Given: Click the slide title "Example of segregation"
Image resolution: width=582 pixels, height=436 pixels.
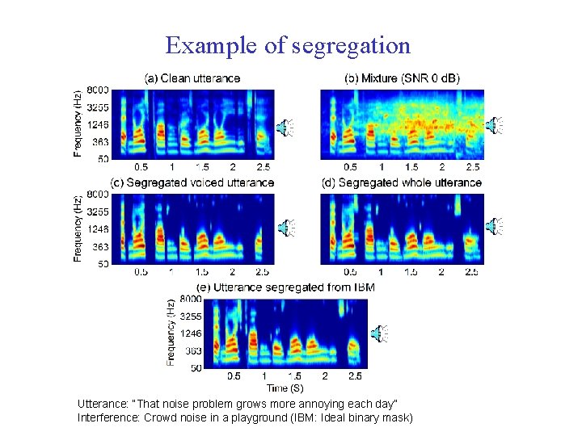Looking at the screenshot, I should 288,45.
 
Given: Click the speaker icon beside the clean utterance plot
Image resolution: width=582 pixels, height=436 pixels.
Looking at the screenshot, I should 285,126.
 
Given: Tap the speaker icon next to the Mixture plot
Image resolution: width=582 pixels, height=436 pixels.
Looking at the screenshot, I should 494,124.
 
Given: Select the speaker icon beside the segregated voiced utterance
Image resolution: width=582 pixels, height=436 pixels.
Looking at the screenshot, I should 285,228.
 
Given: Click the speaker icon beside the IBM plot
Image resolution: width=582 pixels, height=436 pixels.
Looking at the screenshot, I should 378,332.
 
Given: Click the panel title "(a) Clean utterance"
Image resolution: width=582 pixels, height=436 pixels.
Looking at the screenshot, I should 192,78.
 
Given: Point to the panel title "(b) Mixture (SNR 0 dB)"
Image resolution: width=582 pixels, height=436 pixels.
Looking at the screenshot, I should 402,78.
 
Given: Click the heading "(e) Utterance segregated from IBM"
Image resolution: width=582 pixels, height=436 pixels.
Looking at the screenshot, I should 285,287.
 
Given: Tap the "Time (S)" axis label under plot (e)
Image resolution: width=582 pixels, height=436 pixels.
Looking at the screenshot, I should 285,388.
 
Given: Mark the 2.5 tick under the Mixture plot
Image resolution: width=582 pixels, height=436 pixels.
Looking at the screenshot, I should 472,167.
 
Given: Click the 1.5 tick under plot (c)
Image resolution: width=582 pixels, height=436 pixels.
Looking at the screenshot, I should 202,272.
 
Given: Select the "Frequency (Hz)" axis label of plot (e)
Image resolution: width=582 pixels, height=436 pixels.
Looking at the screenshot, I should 171,333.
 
